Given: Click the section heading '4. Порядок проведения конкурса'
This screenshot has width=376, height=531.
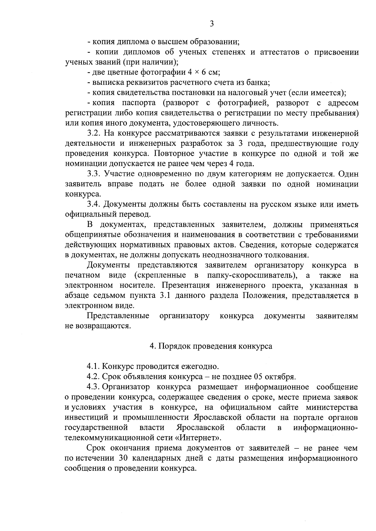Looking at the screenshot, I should coord(211,346).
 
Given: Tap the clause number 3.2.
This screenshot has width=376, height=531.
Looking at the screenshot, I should coord(93,134).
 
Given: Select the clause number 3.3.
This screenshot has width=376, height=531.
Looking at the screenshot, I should coord(93,174).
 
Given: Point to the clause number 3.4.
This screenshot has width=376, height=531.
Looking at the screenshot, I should coord(93,204).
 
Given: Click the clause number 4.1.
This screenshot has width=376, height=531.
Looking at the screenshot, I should coord(93,366).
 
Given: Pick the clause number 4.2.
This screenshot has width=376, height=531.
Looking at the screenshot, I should coord(93,376).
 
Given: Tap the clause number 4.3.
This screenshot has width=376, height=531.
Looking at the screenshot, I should coord(93,387).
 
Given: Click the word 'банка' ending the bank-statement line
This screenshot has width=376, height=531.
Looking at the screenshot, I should coord(259,83).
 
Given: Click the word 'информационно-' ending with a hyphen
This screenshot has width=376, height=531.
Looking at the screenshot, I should coord(326,427).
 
